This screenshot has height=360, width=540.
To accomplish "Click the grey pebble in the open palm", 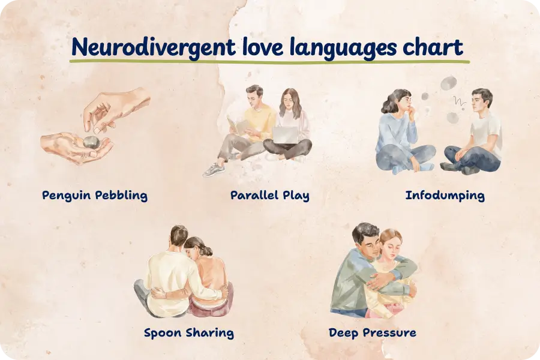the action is (91, 142).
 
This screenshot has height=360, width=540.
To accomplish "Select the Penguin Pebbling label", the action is (95, 196).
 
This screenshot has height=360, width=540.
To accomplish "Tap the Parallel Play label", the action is (270, 196).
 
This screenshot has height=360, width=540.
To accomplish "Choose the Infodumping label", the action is (445, 196).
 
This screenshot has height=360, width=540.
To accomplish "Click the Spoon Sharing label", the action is (189, 333).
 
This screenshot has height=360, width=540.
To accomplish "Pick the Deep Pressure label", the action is (372, 333).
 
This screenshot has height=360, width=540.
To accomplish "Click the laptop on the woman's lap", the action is (285, 135).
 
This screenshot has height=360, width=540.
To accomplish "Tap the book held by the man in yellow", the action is (237, 126).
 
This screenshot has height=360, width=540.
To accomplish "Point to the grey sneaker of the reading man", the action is (214, 170).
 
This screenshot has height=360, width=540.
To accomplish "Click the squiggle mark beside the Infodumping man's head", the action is (460, 101).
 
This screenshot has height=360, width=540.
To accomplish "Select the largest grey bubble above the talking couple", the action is (449, 83).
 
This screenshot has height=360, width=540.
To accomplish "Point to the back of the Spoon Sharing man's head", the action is (179, 236).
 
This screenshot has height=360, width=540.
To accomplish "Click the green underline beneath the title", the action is (269, 62).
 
